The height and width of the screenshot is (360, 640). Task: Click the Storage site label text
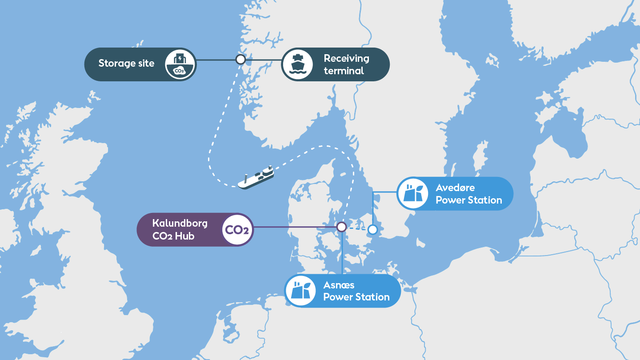click(126, 63)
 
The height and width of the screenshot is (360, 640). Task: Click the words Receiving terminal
click(346, 64)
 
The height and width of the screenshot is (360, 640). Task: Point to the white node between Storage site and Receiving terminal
click(240, 59)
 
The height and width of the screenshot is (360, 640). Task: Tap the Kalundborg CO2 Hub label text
click(180, 229)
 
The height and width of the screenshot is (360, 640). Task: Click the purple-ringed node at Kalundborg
click(341, 227)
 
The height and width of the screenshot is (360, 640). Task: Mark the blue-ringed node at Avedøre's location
click(372, 229)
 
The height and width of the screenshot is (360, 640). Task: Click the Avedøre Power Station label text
click(468, 194)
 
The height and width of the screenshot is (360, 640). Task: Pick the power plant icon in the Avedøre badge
click(413, 194)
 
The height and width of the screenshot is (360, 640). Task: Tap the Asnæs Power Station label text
click(356, 291)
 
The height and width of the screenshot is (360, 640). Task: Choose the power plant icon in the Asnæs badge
click(300, 291)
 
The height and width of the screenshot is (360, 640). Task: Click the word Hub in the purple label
click(184, 236)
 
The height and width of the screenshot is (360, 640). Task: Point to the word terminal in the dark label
click(344, 71)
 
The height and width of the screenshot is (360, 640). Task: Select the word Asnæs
click(339, 284)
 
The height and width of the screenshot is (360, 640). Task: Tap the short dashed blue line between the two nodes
click(357, 229)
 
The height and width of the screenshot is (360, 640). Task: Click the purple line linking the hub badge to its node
click(293, 227)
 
